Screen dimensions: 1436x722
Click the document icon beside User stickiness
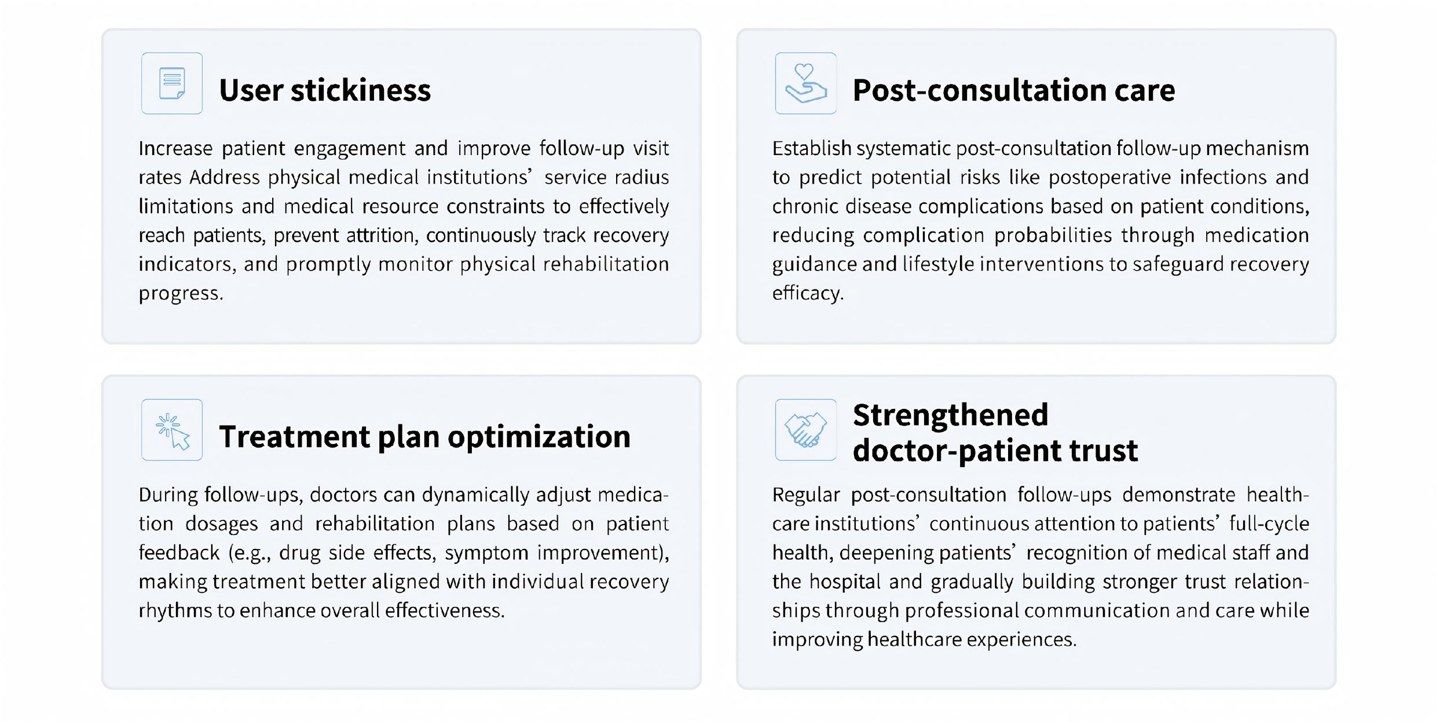pos(172,83)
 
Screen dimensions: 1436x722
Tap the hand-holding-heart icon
pos(805,83)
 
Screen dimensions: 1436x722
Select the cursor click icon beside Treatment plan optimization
pos(173,431)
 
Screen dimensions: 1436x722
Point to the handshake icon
pos(805,430)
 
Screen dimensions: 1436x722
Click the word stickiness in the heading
pos(361,90)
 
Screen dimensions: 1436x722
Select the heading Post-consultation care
pos(1014,90)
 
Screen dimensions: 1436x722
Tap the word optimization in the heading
pos(539,437)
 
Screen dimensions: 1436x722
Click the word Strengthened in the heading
pos(950,415)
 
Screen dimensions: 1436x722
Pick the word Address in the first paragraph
pos(224,177)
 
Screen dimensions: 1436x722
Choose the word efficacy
pos(808,293)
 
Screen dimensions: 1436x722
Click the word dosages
pos(221,524)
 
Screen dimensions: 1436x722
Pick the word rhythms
pos(175,611)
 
